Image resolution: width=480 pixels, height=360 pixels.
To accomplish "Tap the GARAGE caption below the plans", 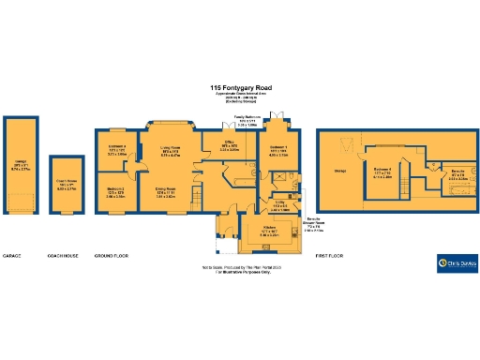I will (x=12, y=255).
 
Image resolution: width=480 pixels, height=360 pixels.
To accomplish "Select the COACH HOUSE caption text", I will (x=63, y=255).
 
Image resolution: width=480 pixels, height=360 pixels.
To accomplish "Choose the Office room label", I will (x=230, y=147).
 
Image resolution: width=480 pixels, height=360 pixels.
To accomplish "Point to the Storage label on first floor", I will (x=339, y=171).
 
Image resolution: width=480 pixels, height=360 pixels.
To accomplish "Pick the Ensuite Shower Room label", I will (x=323, y=222).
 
